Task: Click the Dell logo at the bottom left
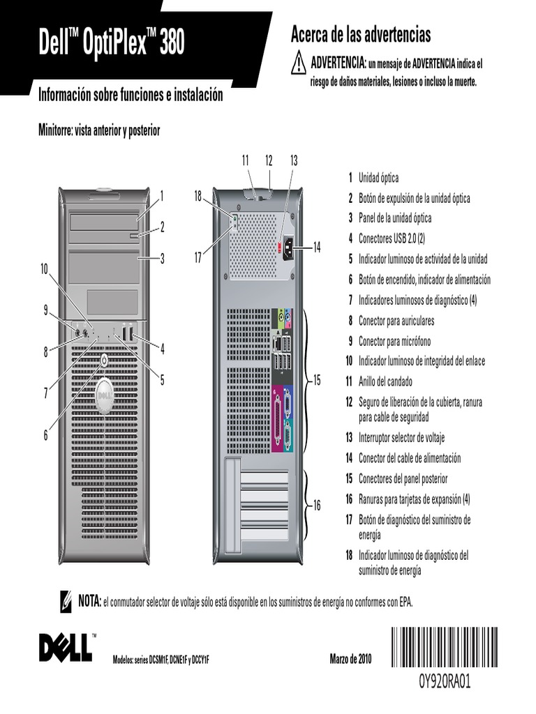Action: (x=65, y=648)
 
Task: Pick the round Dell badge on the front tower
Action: (x=103, y=395)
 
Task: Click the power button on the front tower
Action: (x=103, y=360)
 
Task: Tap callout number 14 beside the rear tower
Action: (x=317, y=246)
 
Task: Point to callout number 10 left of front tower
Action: (x=45, y=268)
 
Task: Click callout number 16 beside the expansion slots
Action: (x=316, y=506)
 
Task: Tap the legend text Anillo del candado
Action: (x=385, y=382)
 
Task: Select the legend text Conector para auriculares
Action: (x=396, y=321)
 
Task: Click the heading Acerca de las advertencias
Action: (x=360, y=34)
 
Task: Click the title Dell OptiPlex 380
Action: (x=112, y=45)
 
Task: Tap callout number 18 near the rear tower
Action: (x=198, y=197)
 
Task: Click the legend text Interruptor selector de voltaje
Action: (x=401, y=438)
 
